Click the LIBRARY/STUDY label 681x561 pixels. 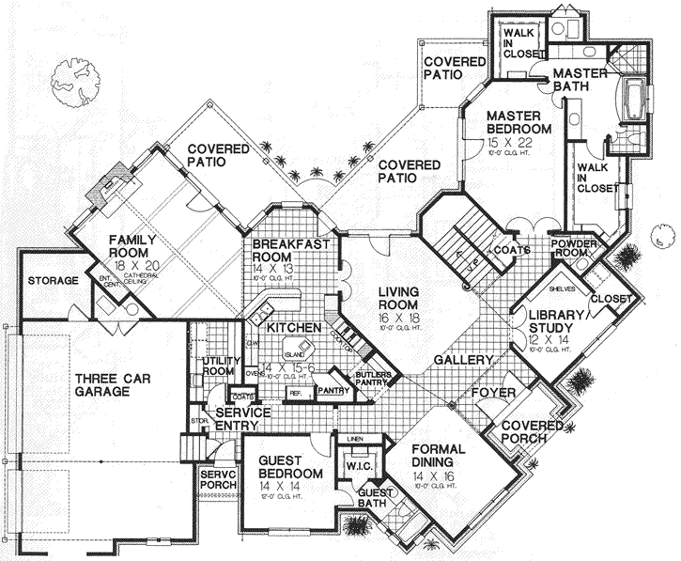tap(553, 320)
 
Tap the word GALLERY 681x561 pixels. tap(464, 360)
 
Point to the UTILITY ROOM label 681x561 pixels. tap(219, 366)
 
